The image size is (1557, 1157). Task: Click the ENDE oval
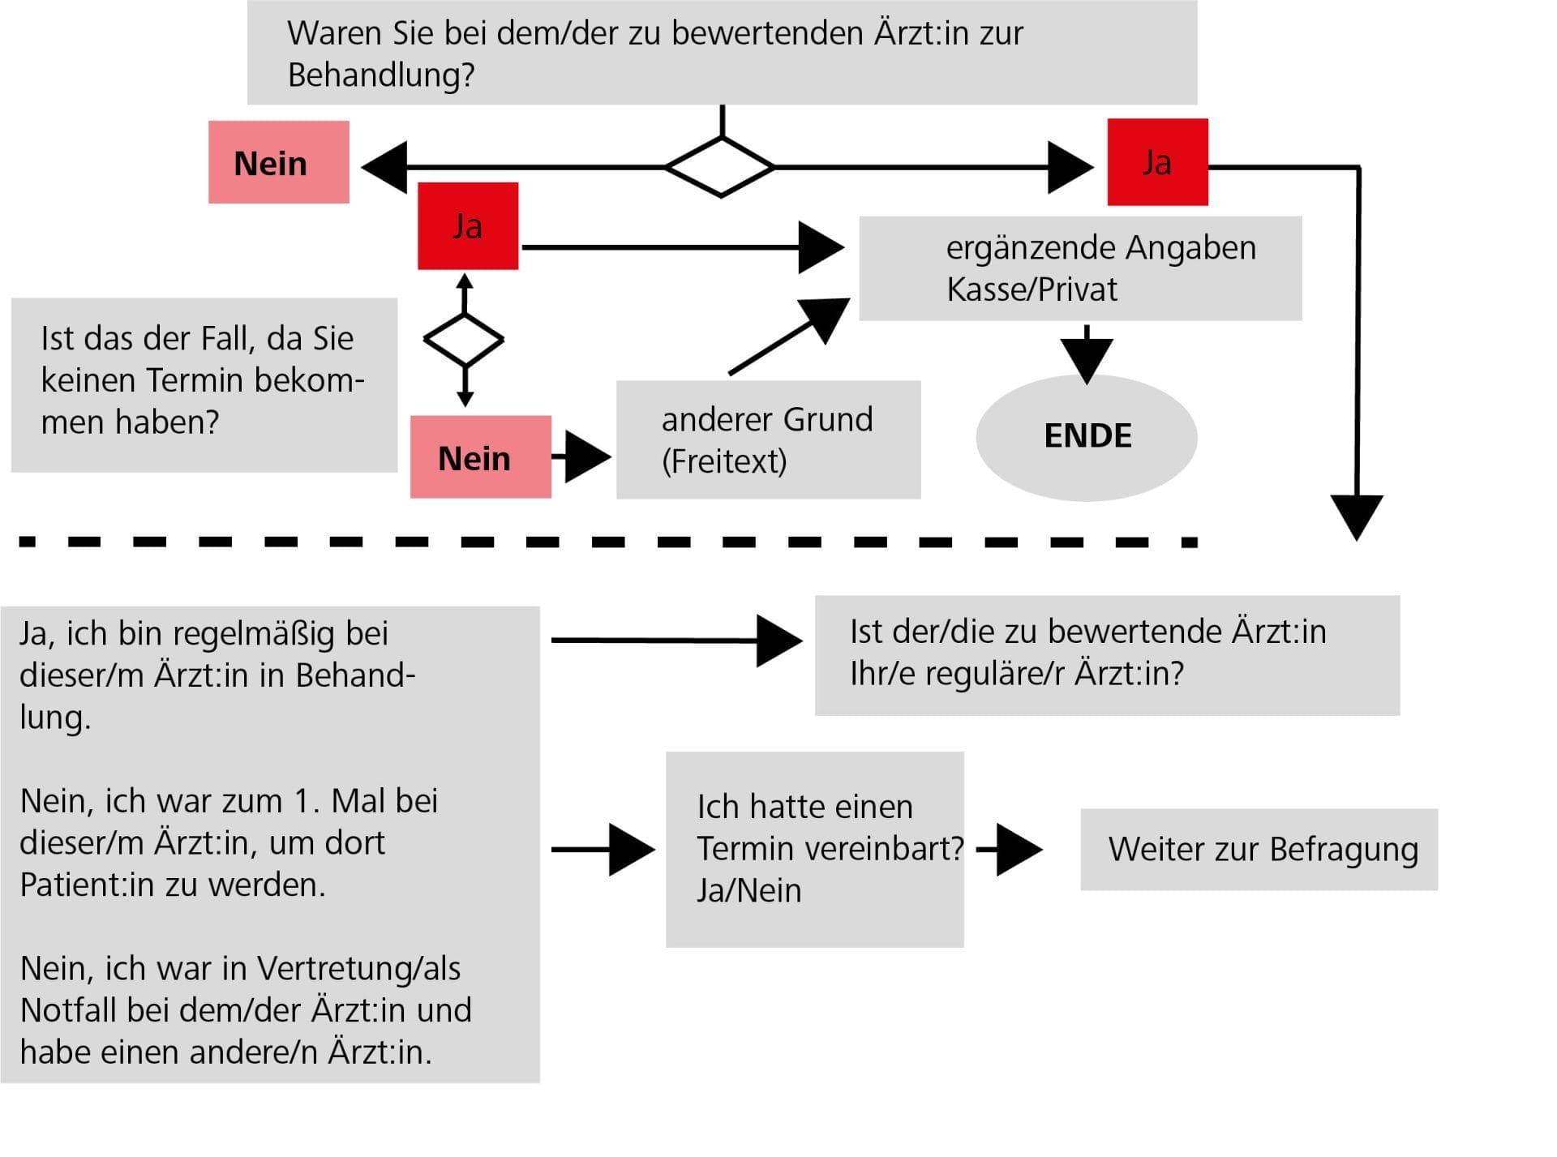coord(1086,437)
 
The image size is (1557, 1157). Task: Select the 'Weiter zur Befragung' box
coord(1259,849)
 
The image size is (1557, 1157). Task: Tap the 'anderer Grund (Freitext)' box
coord(768,439)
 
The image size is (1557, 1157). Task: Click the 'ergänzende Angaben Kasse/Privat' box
coord(1080,268)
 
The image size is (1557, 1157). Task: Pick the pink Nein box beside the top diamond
coord(278,162)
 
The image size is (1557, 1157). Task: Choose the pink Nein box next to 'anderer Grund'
coord(480,456)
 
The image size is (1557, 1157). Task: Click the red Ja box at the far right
coord(1157,162)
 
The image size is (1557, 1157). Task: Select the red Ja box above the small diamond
coord(468,225)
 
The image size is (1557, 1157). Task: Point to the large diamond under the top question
coord(720,166)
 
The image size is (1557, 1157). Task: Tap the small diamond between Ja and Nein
coord(464,339)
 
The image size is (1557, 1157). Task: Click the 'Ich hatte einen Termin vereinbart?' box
coord(814,849)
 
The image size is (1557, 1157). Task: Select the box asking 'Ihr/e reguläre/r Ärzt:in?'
coord(1107,655)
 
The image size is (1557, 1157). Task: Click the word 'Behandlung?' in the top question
coord(381,75)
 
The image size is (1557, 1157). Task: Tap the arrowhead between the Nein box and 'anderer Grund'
coord(587,456)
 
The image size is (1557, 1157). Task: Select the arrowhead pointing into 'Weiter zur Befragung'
coord(1019,849)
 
